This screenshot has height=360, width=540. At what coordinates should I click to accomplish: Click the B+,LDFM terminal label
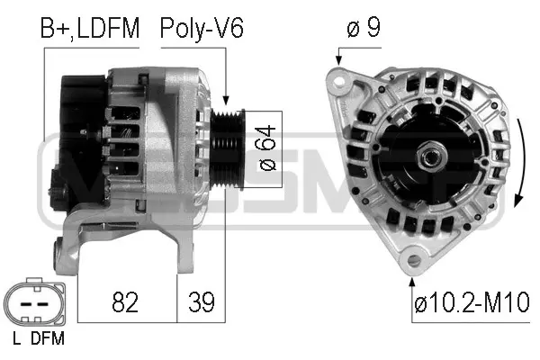pos(90,28)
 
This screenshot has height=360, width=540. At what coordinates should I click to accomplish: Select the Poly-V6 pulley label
pos(201,28)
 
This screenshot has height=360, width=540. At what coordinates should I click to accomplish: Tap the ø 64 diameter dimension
pos(263,148)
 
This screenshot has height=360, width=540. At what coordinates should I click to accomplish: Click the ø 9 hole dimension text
pos(363,29)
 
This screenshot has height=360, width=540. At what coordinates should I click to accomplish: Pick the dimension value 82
pos(127,302)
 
